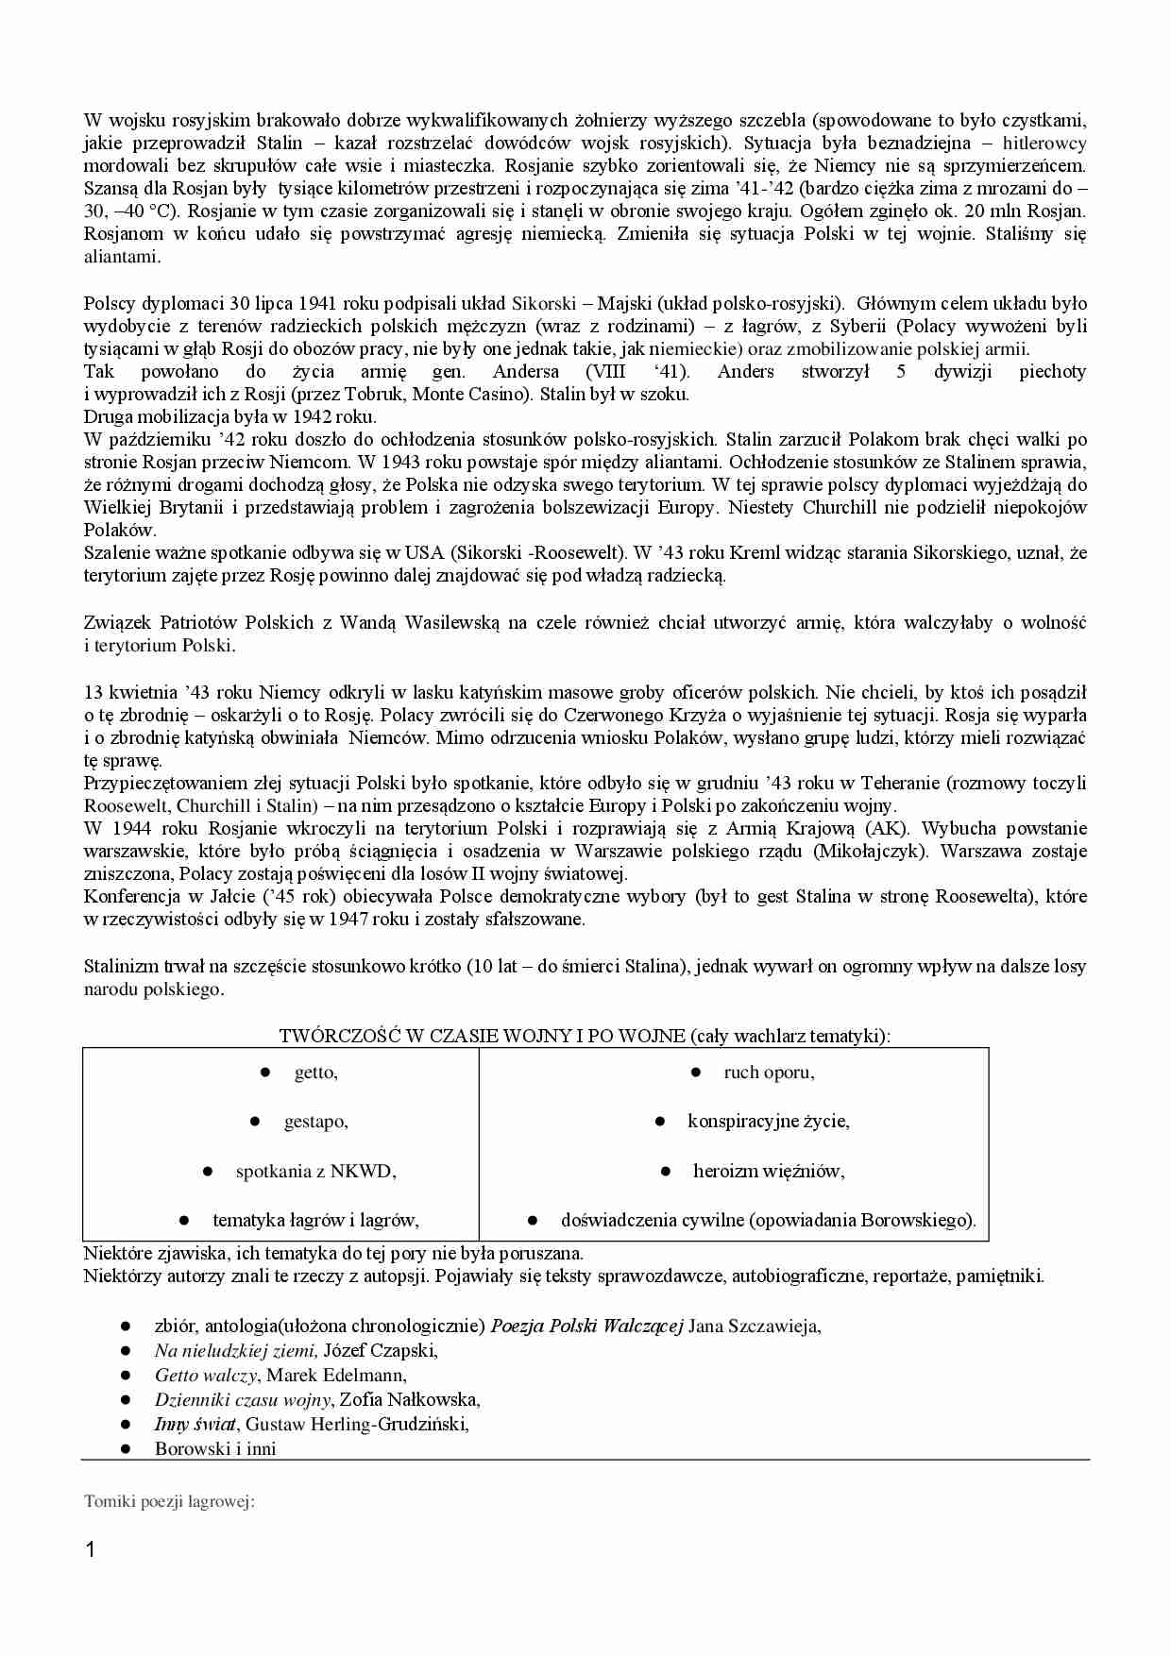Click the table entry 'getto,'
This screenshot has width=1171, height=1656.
point(315,1073)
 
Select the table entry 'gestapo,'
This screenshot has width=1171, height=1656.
point(315,1122)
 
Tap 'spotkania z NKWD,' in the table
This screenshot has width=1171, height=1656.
point(315,1172)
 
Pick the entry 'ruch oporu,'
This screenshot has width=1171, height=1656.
point(769,1073)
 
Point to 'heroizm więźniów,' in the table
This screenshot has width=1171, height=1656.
point(769,1172)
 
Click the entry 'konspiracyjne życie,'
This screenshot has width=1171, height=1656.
point(769,1122)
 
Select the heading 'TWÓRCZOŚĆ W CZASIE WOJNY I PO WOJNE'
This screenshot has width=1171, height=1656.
point(482,1036)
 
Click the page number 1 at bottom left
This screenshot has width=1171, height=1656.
point(91,1549)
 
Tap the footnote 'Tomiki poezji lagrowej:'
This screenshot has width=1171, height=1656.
point(170,1501)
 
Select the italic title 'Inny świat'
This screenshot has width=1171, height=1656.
point(195,1424)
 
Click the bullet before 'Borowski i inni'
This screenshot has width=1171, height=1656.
point(124,1448)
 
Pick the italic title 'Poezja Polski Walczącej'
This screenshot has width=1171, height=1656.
point(586,1326)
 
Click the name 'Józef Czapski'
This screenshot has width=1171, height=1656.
point(379,1351)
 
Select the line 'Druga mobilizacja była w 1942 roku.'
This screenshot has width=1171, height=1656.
point(229,416)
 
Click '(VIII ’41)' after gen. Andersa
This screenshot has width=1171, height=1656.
point(636,372)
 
